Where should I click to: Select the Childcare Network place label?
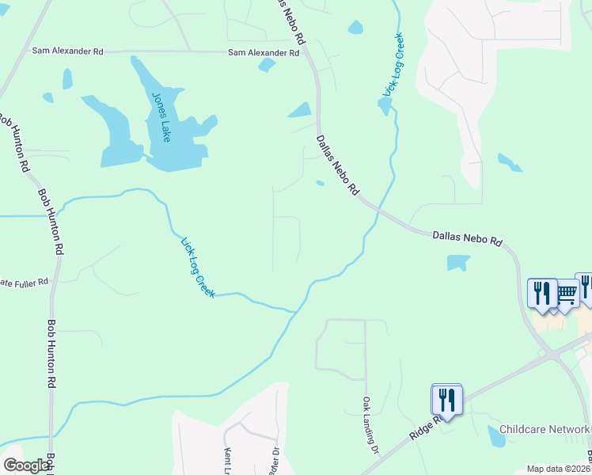(545, 429)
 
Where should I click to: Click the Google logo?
(26, 466)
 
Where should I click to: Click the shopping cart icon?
(567, 294)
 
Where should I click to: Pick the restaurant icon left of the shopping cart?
(542, 292)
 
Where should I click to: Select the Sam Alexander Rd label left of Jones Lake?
(67, 51)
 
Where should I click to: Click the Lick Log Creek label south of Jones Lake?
(198, 268)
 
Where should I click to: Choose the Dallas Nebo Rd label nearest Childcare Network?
(468, 237)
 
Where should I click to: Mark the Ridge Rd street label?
(425, 426)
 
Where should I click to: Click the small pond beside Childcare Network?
(496, 435)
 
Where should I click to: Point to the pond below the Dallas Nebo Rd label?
(457, 262)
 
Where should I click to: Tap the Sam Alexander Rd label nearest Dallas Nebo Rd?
(264, 53)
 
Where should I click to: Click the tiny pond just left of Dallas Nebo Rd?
(320, 184)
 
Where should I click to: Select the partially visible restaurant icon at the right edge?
(586, 286)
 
